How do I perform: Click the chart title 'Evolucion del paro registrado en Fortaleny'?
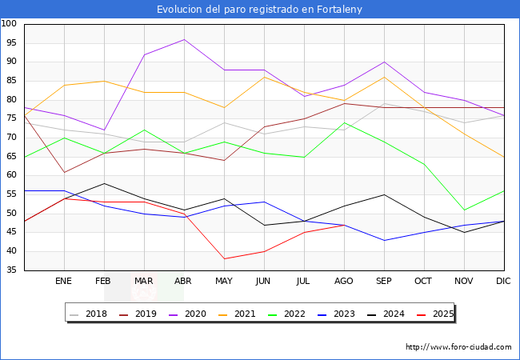260,9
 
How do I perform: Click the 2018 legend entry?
90,314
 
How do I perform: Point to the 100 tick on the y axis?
10,24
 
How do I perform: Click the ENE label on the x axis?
64,282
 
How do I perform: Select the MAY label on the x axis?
224,282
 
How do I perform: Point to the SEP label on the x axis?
384,282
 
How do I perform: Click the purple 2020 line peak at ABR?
184,39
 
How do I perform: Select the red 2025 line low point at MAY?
224,259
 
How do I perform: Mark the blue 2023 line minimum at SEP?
384,240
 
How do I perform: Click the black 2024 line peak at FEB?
104,183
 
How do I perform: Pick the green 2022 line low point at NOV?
464,210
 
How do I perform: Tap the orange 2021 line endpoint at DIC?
504,157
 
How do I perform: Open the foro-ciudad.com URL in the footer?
458,347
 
